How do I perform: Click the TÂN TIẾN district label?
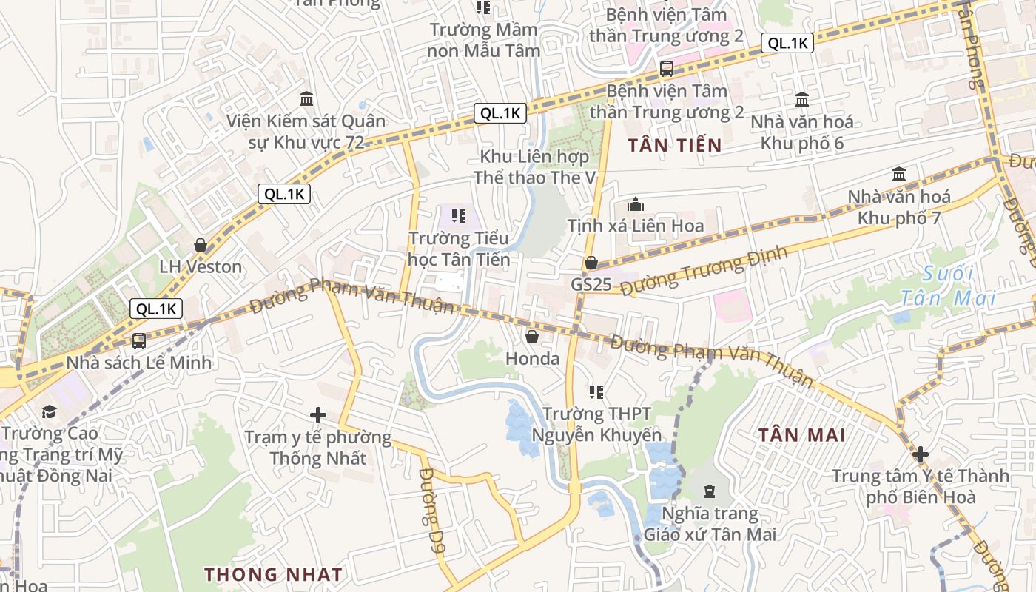[x=674, y=145]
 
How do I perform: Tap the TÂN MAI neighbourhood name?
[x=801, y=434]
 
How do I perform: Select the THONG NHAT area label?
[x=273, y=574]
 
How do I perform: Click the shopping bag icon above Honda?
[x=531, y=337]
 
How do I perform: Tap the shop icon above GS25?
[x=591, y=263]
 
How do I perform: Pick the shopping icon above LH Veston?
[x=201, y=245]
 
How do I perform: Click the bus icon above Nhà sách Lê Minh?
[x=138, y=341]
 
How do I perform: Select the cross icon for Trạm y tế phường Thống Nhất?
[x=318, y=415]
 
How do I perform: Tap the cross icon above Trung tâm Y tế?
[x=921, y=454]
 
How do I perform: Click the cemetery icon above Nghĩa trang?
[x=710, y=491]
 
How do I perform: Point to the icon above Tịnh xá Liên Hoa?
[x=636, y=204]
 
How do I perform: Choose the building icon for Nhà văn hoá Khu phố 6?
[x=802, y=99]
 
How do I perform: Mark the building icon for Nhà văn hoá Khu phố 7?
[x=899, y=175]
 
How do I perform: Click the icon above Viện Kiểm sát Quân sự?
[x=306, y=98]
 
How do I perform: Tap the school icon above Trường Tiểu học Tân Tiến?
[x=459, y=216]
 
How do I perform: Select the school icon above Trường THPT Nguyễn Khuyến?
[x=596, y=391]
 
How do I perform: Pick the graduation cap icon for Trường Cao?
[x=49, y=411]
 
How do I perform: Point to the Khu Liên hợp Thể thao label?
[x=534, y=167]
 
